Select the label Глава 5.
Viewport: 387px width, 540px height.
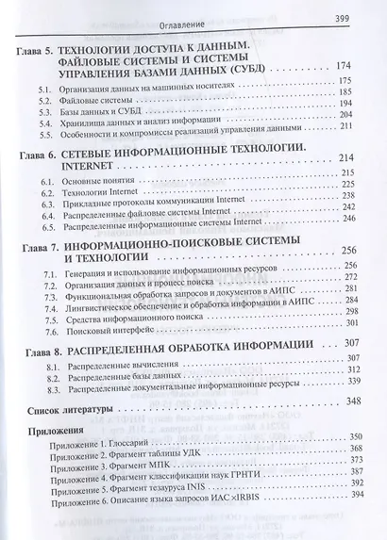point(36,47)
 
